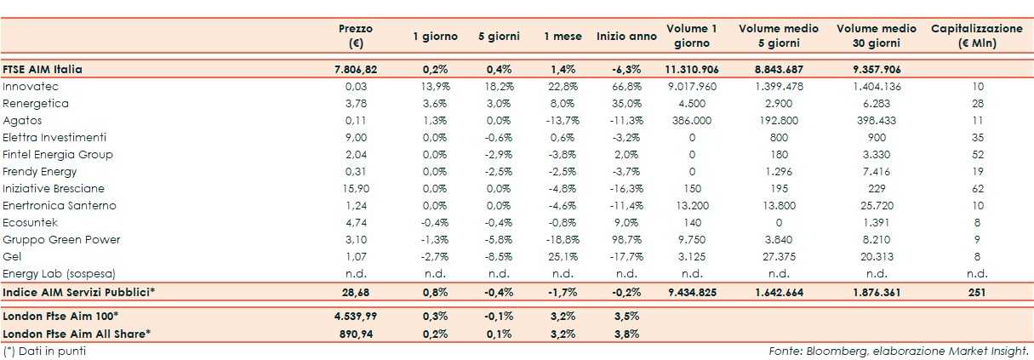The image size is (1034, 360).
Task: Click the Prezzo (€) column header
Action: (355, 36)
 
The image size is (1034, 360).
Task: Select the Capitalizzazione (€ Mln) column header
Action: (976, 36)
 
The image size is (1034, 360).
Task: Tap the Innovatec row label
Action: (31, 87)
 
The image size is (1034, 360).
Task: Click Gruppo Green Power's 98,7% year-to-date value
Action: (626, 240)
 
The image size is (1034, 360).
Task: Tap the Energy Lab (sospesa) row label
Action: (58, 274)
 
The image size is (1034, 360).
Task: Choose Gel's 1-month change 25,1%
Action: (563, 257)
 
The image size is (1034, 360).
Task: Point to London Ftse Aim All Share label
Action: (77, 333)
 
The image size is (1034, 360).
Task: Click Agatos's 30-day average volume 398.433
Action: (876, 121)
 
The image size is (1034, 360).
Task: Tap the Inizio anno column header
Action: (626, 37)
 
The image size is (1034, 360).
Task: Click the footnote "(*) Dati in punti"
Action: (44, 351)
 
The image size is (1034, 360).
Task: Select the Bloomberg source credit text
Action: (899, 351)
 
